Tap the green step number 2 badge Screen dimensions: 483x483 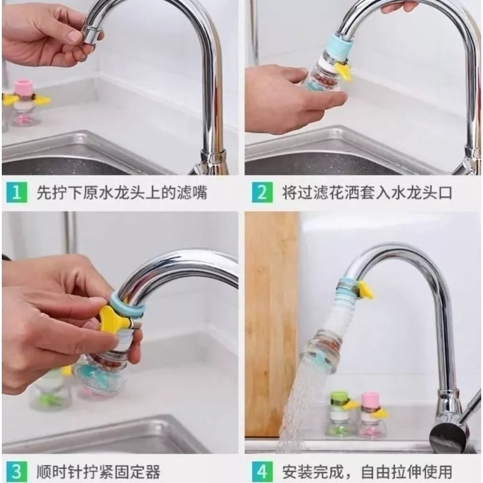pos(261,193)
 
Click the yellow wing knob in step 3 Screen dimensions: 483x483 pos(112,318)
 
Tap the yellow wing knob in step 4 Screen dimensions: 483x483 pos(364,291)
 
